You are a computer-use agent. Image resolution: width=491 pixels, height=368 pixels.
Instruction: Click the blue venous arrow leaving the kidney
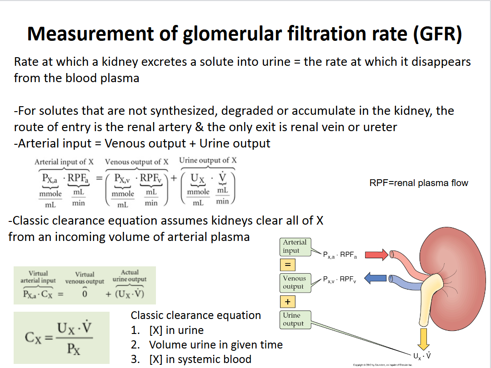click(x=376, y=278)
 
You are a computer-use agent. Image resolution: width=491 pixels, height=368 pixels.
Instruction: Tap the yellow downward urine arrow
click(x=424, y=338)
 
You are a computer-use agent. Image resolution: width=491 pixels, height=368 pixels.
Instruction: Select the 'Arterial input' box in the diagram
click(x=295, y=246)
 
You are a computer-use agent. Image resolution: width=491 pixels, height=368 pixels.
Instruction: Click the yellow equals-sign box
click(x=288, y=265)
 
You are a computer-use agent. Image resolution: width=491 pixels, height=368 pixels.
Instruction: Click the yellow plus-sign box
click(x=288, y=301)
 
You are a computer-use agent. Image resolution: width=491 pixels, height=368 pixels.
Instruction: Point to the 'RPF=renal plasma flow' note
click(x=419, y=183)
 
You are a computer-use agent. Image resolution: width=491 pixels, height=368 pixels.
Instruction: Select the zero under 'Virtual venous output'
click(x=85, y=294)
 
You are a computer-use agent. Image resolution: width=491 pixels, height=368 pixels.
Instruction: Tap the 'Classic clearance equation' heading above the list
click(x=195, y=315)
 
